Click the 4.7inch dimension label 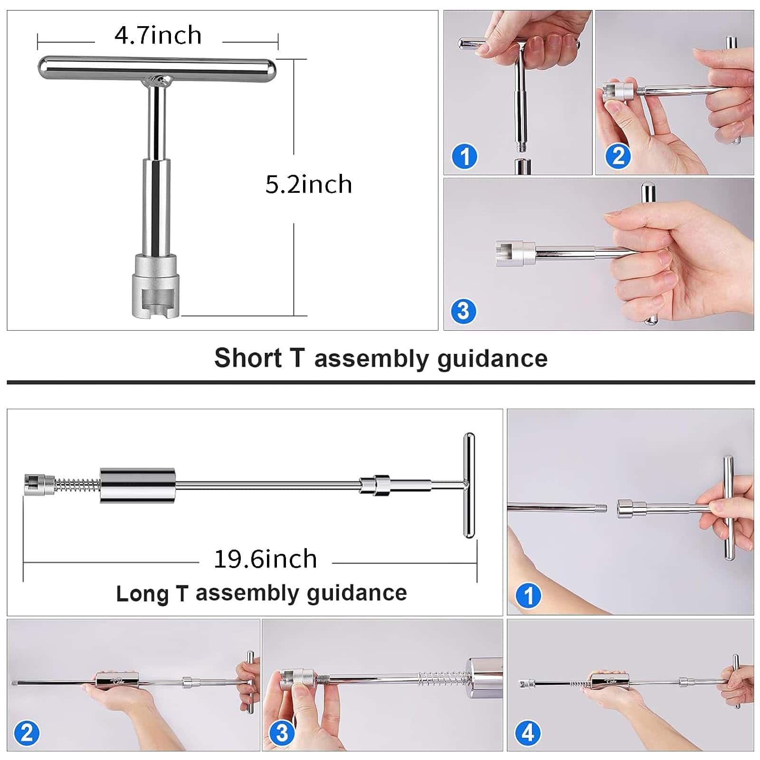(x=158, y=36)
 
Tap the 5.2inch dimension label (x=309, y=184)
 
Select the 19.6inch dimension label (x=266, y=559)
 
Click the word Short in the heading (x=247, y=358)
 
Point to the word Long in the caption (x=142, y=593)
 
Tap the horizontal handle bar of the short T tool (x=157, y=68)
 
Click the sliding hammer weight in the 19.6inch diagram (x=138, y=485)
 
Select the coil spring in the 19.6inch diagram (x=77, y=485)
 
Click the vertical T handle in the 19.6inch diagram (x=469, y=485)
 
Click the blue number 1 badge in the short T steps (x=464, y=156)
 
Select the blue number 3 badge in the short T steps (x=463, y=311)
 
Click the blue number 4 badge (x=528, y=733)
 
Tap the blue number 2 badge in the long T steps (x=27, y=733)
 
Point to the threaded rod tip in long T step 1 (x=601, y=508)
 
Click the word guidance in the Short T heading (x=492, y=359)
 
